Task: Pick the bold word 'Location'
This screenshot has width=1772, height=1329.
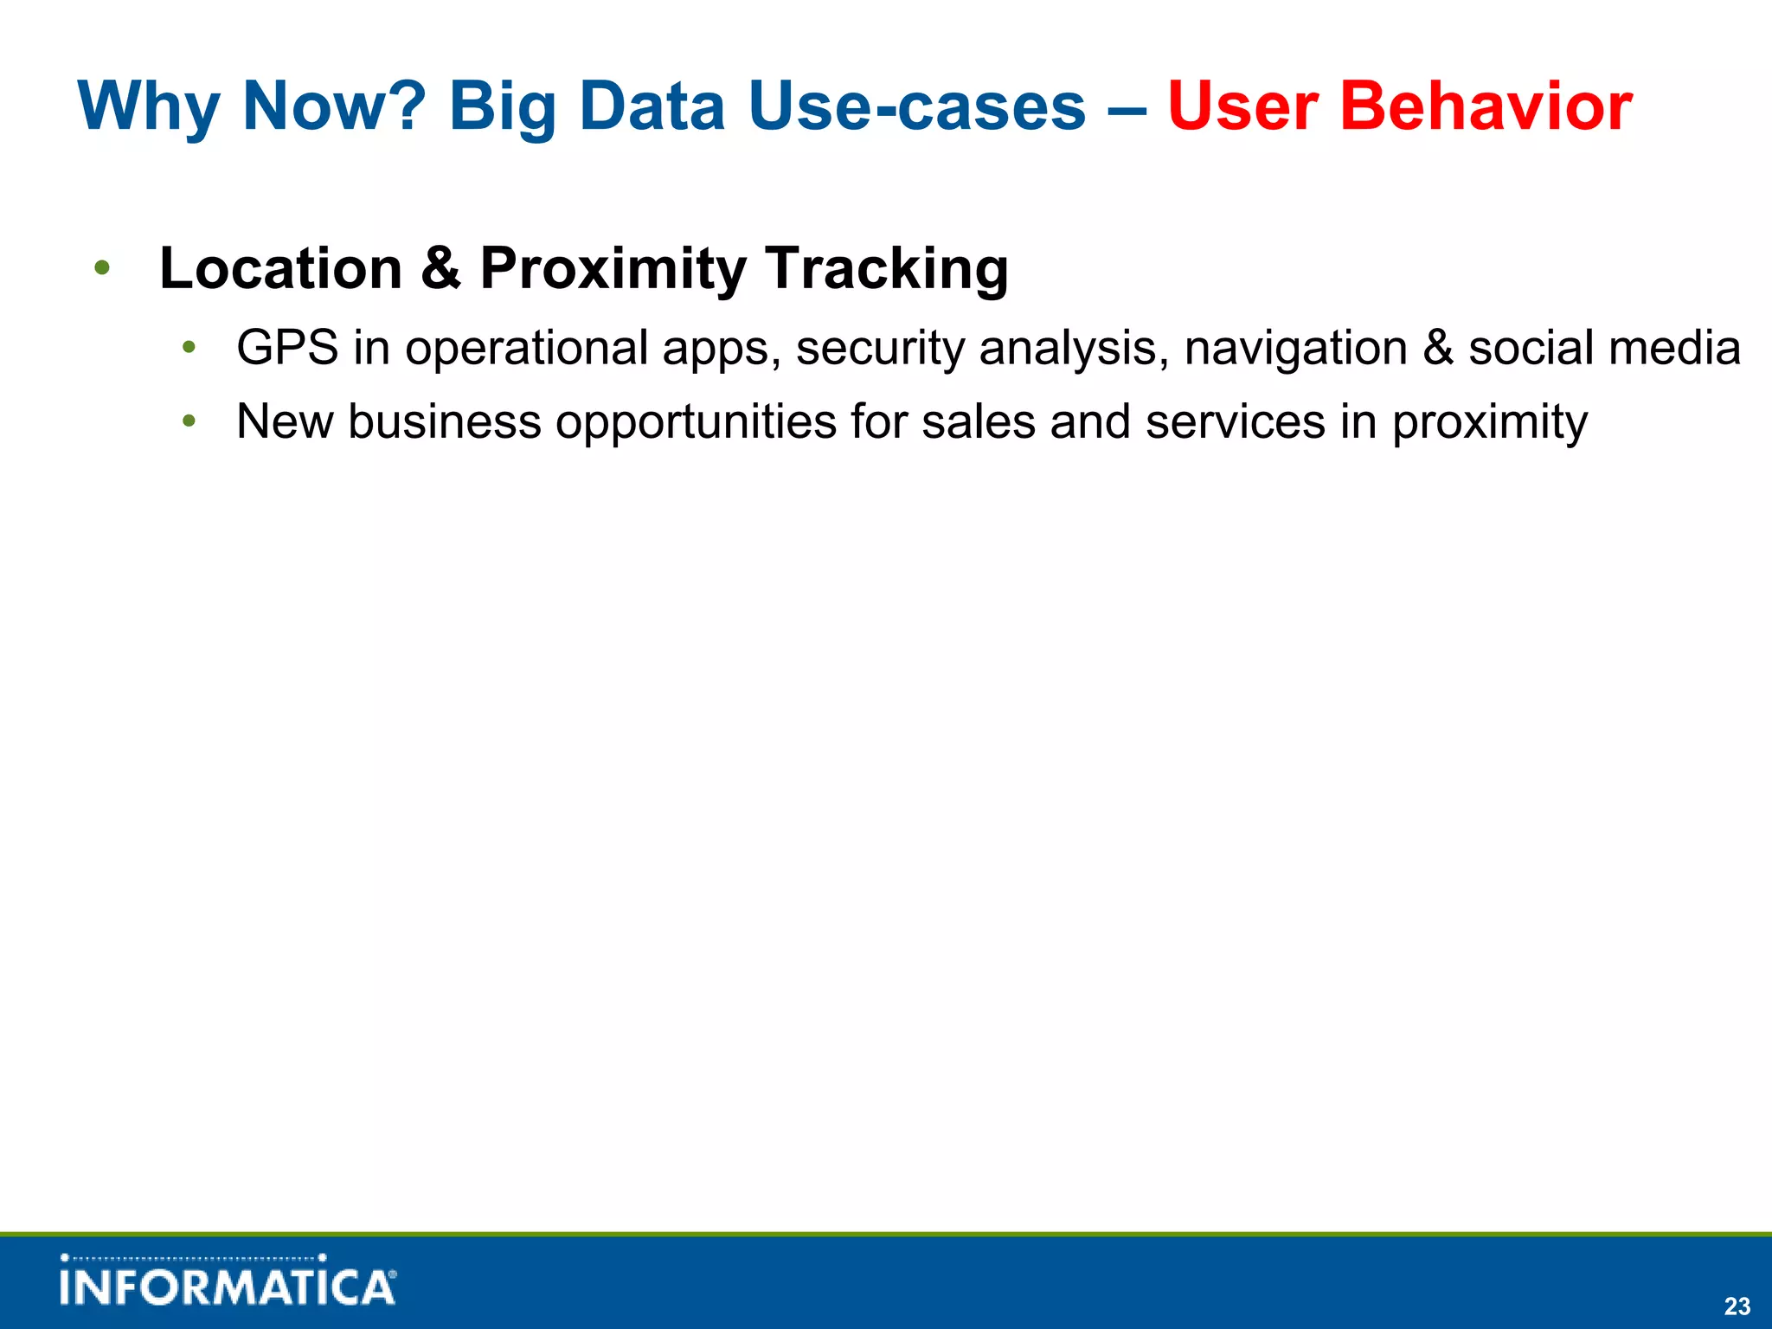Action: (281, 268)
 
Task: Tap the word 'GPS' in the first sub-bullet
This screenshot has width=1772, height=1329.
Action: (287, 348)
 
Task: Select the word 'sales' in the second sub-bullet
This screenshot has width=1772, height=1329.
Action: (978, 422)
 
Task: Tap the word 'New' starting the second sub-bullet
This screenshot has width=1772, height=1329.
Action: (285, 422)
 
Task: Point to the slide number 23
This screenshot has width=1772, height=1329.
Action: (1737, 1306)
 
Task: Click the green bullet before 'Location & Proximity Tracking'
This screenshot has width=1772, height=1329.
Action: (102, 268)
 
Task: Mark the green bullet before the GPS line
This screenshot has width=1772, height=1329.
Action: (189, 348)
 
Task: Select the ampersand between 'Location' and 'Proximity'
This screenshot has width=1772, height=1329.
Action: (440, 268)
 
